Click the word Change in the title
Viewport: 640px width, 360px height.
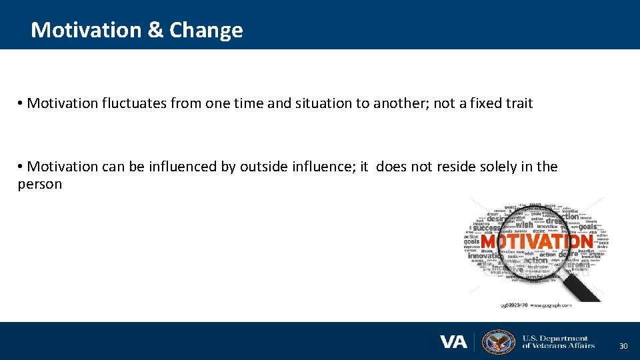tap(206, 30)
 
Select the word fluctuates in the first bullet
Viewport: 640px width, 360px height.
tap(136, 103)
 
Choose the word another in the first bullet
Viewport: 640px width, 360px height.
tap(396, 103)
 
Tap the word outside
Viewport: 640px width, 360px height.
tap(263, 167)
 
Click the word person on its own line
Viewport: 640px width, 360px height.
tap(39, 184)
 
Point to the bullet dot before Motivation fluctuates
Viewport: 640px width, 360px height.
tap(21, 103)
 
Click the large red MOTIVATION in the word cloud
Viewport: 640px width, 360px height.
tap(537, 241)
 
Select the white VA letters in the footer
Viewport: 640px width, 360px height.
tap(453, 342)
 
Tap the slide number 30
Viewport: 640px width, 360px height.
tap(623, 346)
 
